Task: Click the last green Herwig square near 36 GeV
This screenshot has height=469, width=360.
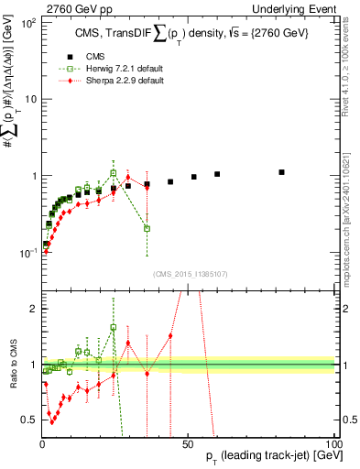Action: (x=147, y=228)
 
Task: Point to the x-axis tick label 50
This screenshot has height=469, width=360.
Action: (x=188, y=431)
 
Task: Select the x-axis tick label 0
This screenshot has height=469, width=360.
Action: (x=42, y=431)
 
